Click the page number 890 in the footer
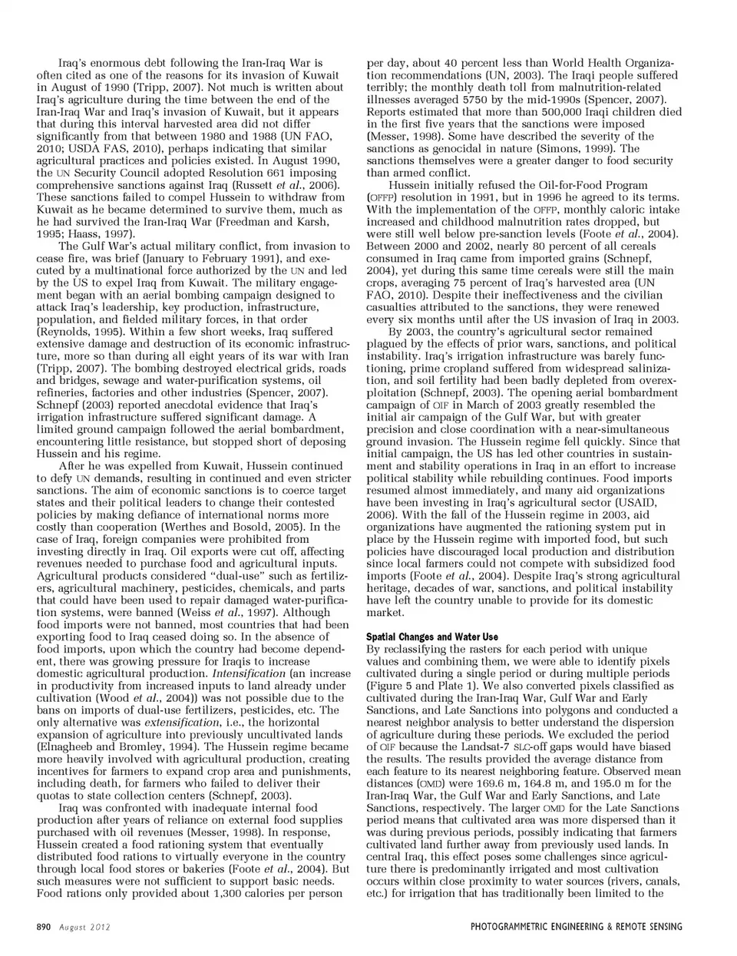[44, 927]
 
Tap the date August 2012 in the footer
[85, 927]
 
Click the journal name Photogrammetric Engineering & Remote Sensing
[576, 927]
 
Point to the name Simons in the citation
[582, 149]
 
